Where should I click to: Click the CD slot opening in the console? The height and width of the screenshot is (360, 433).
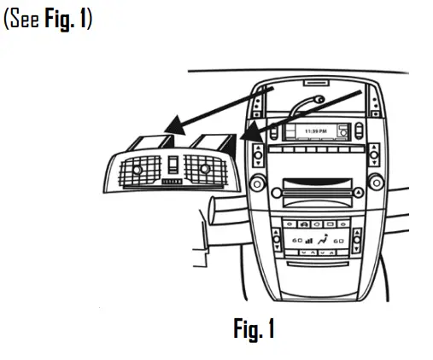pyautogui.click(x=314, y=183)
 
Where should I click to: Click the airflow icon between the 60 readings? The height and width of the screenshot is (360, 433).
pyautogui.click(x=322, y=243)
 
